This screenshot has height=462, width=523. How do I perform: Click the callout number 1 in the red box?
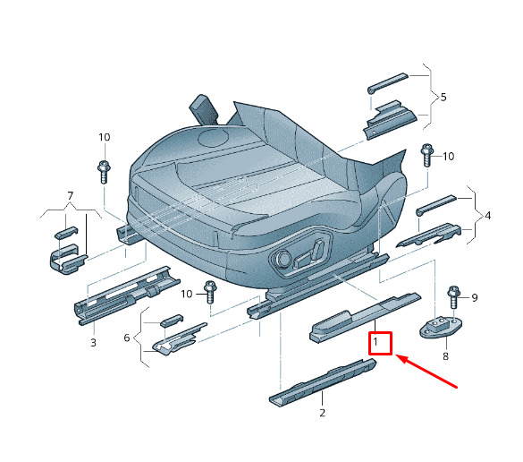coord(375,342)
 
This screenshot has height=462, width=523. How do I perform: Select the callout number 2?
coord(322,413)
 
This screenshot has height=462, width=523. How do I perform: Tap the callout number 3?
coord(93,342)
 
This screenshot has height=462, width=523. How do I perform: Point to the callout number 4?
coord(487,216)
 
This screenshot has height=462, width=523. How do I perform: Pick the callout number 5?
coord(443,98)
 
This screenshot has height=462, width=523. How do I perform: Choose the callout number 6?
coord(127,338)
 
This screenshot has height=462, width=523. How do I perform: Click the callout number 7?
coord(70,195)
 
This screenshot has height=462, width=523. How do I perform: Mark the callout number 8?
coord(446,356)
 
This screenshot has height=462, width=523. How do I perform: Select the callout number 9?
coord(475,297)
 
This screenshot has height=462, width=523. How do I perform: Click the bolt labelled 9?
coord(453,297)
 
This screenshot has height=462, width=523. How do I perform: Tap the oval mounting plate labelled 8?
coord(441,327)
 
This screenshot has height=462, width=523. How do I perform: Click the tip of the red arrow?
coord(396,355)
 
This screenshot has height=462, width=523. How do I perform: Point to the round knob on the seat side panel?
coord(282,258)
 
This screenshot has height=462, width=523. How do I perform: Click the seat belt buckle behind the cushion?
coord(204,109)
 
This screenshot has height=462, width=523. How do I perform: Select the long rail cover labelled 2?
coord(323,383)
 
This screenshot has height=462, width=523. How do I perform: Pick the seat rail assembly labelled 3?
coord(127,295)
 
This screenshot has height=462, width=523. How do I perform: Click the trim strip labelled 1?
coord(366,318)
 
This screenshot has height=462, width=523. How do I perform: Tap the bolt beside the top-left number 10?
coord(104,172)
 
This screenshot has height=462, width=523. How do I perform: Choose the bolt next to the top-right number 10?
coord(427,155)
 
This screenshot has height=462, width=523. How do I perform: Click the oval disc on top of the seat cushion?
coord(214,138)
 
